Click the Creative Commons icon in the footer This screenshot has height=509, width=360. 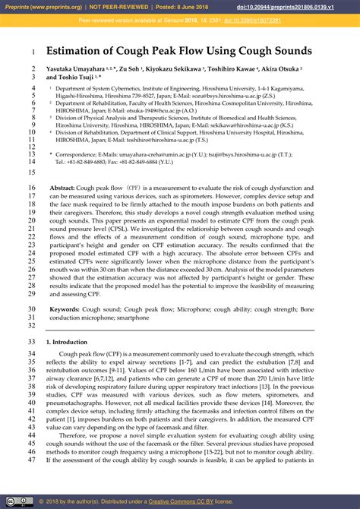point(8,501)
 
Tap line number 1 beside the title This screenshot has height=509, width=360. point(34,52)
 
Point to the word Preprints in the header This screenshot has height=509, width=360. point(18,7)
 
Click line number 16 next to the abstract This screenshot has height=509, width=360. point(31,187)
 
